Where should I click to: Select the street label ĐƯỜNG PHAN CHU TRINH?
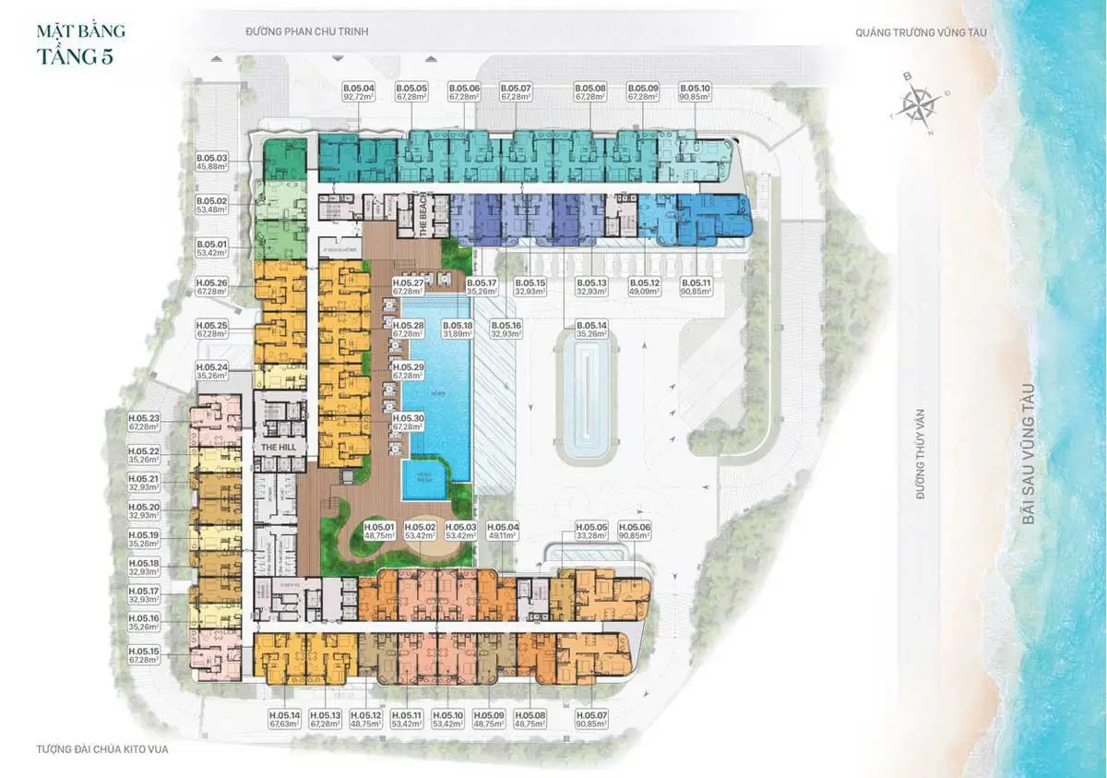[306, 30]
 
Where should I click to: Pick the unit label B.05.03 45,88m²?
[211, 162]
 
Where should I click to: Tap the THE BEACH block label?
[426, 220]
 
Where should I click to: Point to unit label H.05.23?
[144, 422]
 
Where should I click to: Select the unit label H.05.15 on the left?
[144, 655]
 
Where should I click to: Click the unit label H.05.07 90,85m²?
[592, 720]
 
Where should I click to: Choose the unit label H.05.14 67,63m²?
[285, 720]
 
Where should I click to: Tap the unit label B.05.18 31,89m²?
[458, 329]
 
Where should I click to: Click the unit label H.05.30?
[408, 422]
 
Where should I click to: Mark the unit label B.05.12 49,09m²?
[645, 287]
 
